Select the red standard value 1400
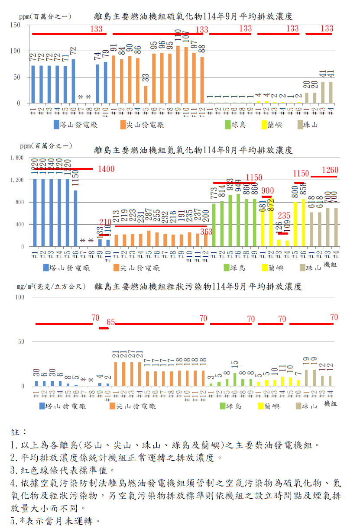(x=106, y=169)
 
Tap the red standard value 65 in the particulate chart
(x=110, y=322)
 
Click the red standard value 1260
(x=330, y=170)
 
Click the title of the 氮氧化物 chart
(x=193, y=150)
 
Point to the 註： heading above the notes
(x=19, y=432)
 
